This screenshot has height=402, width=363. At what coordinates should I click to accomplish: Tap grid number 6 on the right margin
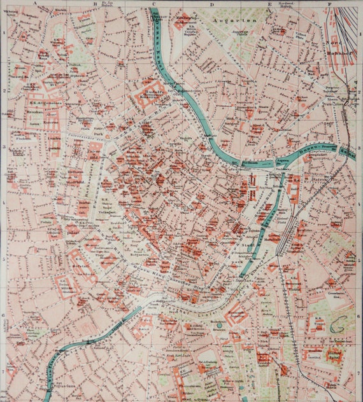(360, 315)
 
